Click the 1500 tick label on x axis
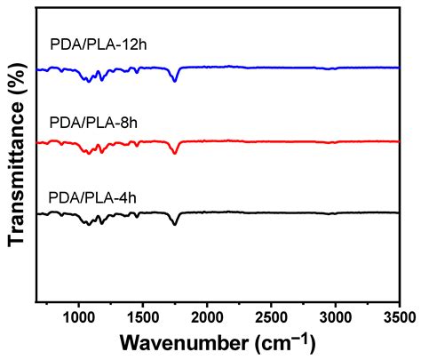click(x=143, y=315)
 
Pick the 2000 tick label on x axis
click(x=207, y=315)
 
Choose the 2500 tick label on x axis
click(x=271, y=315)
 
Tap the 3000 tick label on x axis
click(x=335, y=315)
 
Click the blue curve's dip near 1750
click(x=175, y=81)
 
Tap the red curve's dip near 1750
click(x=175, y=153)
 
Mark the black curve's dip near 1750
click(x=175, y=224)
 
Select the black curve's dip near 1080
click(x=89, y=225)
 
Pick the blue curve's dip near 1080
click(x=89, y=81)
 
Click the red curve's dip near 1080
click(x=89, y=154)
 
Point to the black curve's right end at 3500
click(x=399, y=212)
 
